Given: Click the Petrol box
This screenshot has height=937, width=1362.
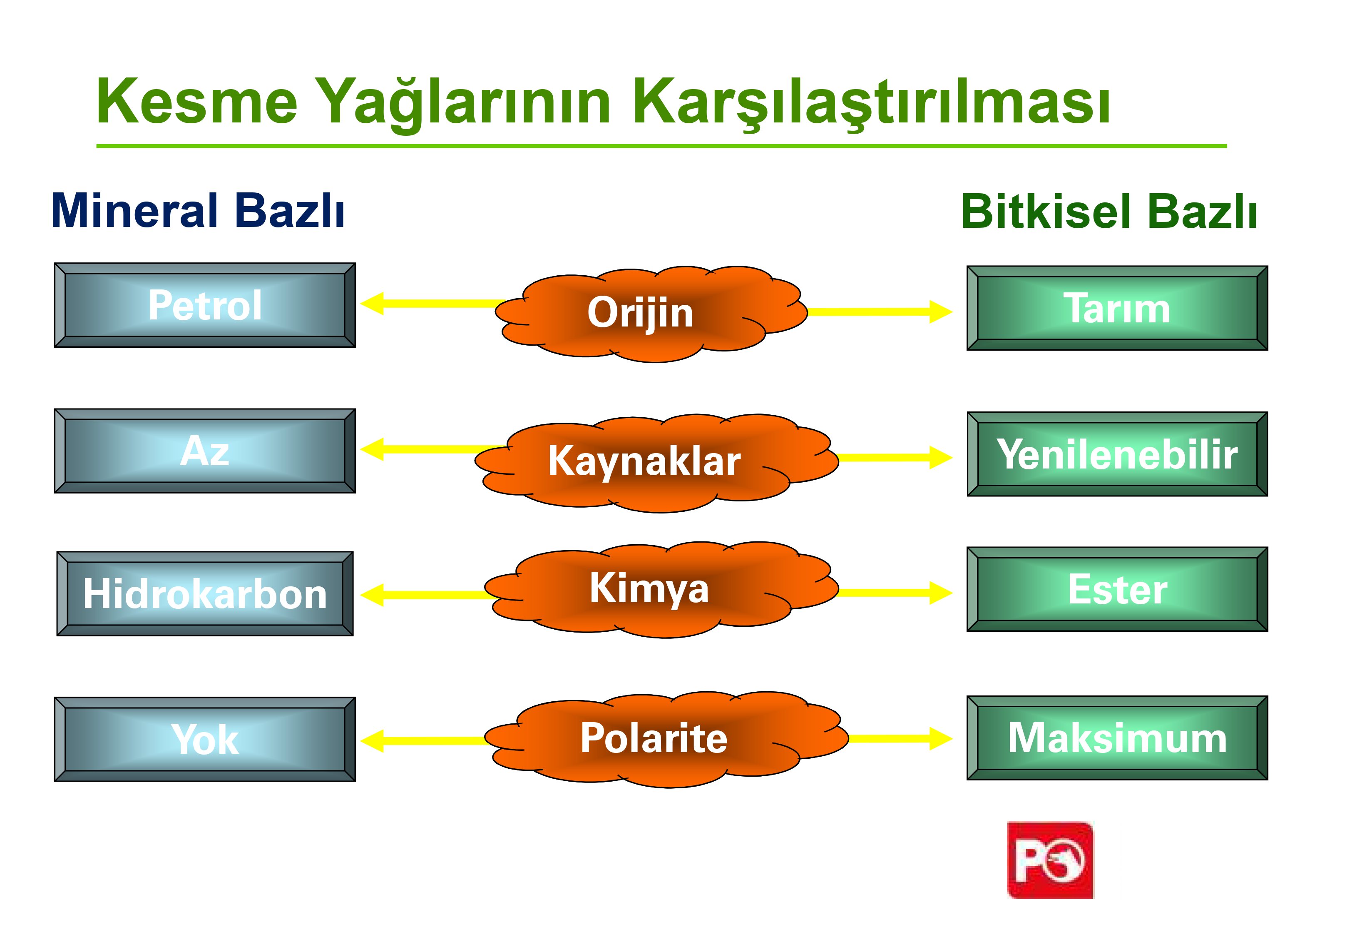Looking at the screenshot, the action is [205, 305].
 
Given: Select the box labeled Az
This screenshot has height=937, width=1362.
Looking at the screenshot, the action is [205, 451].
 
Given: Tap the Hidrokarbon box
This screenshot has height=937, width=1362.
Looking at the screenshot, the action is [205, 593].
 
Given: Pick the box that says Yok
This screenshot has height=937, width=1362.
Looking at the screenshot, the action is [205, 739].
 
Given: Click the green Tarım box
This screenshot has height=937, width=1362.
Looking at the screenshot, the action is [1117, 308].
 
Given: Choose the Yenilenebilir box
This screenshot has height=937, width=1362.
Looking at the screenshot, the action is [1117, 454].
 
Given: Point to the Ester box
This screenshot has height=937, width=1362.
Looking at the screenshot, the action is [1117, 589].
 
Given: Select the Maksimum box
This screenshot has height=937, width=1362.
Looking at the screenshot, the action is [1117, 738].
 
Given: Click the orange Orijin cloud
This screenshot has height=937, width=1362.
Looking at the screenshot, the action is [651, 314].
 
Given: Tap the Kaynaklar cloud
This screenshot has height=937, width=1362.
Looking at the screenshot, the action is [656, 463].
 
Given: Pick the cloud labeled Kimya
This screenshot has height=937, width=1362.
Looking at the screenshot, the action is [661, 589].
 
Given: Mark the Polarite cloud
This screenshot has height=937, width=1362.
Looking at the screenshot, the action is [666, 739].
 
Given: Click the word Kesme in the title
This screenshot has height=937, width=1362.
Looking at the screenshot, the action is [197, 102].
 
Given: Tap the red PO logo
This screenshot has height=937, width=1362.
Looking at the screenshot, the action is [1050, 860].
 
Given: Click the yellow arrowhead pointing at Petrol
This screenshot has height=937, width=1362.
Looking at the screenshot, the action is [372, 304].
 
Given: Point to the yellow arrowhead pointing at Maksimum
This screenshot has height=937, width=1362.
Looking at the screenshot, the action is [941, 738].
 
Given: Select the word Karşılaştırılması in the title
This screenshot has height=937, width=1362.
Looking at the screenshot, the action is [871, 103].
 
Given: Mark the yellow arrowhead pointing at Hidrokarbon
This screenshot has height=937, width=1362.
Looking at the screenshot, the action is [372, 595].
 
